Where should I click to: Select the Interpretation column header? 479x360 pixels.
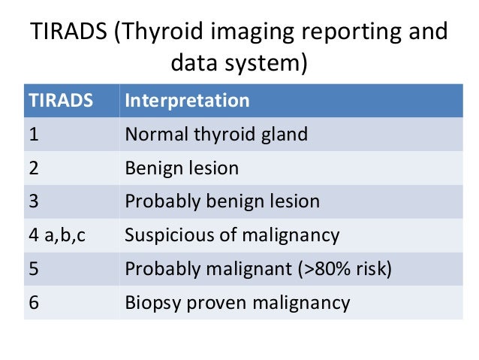coord(187,101)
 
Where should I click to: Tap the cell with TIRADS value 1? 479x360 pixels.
coord(34,135)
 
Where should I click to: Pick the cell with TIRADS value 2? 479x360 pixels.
coord(35,168)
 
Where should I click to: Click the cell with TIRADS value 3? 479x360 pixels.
coord(35,201)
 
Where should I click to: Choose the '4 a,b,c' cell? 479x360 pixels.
coord(56,235)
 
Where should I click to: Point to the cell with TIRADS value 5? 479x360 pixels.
coord(35,268)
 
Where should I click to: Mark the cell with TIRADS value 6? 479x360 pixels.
coord(35,302)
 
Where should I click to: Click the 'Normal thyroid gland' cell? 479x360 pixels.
coord(216,135)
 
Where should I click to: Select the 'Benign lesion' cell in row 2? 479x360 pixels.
coord(182,168)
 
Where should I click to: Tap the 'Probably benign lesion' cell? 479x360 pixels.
coord(222,201)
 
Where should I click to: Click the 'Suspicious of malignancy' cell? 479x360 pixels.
coord(232,235)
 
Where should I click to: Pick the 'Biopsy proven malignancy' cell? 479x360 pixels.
coord(237,302)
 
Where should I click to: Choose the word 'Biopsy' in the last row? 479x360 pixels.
coord(152,302)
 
